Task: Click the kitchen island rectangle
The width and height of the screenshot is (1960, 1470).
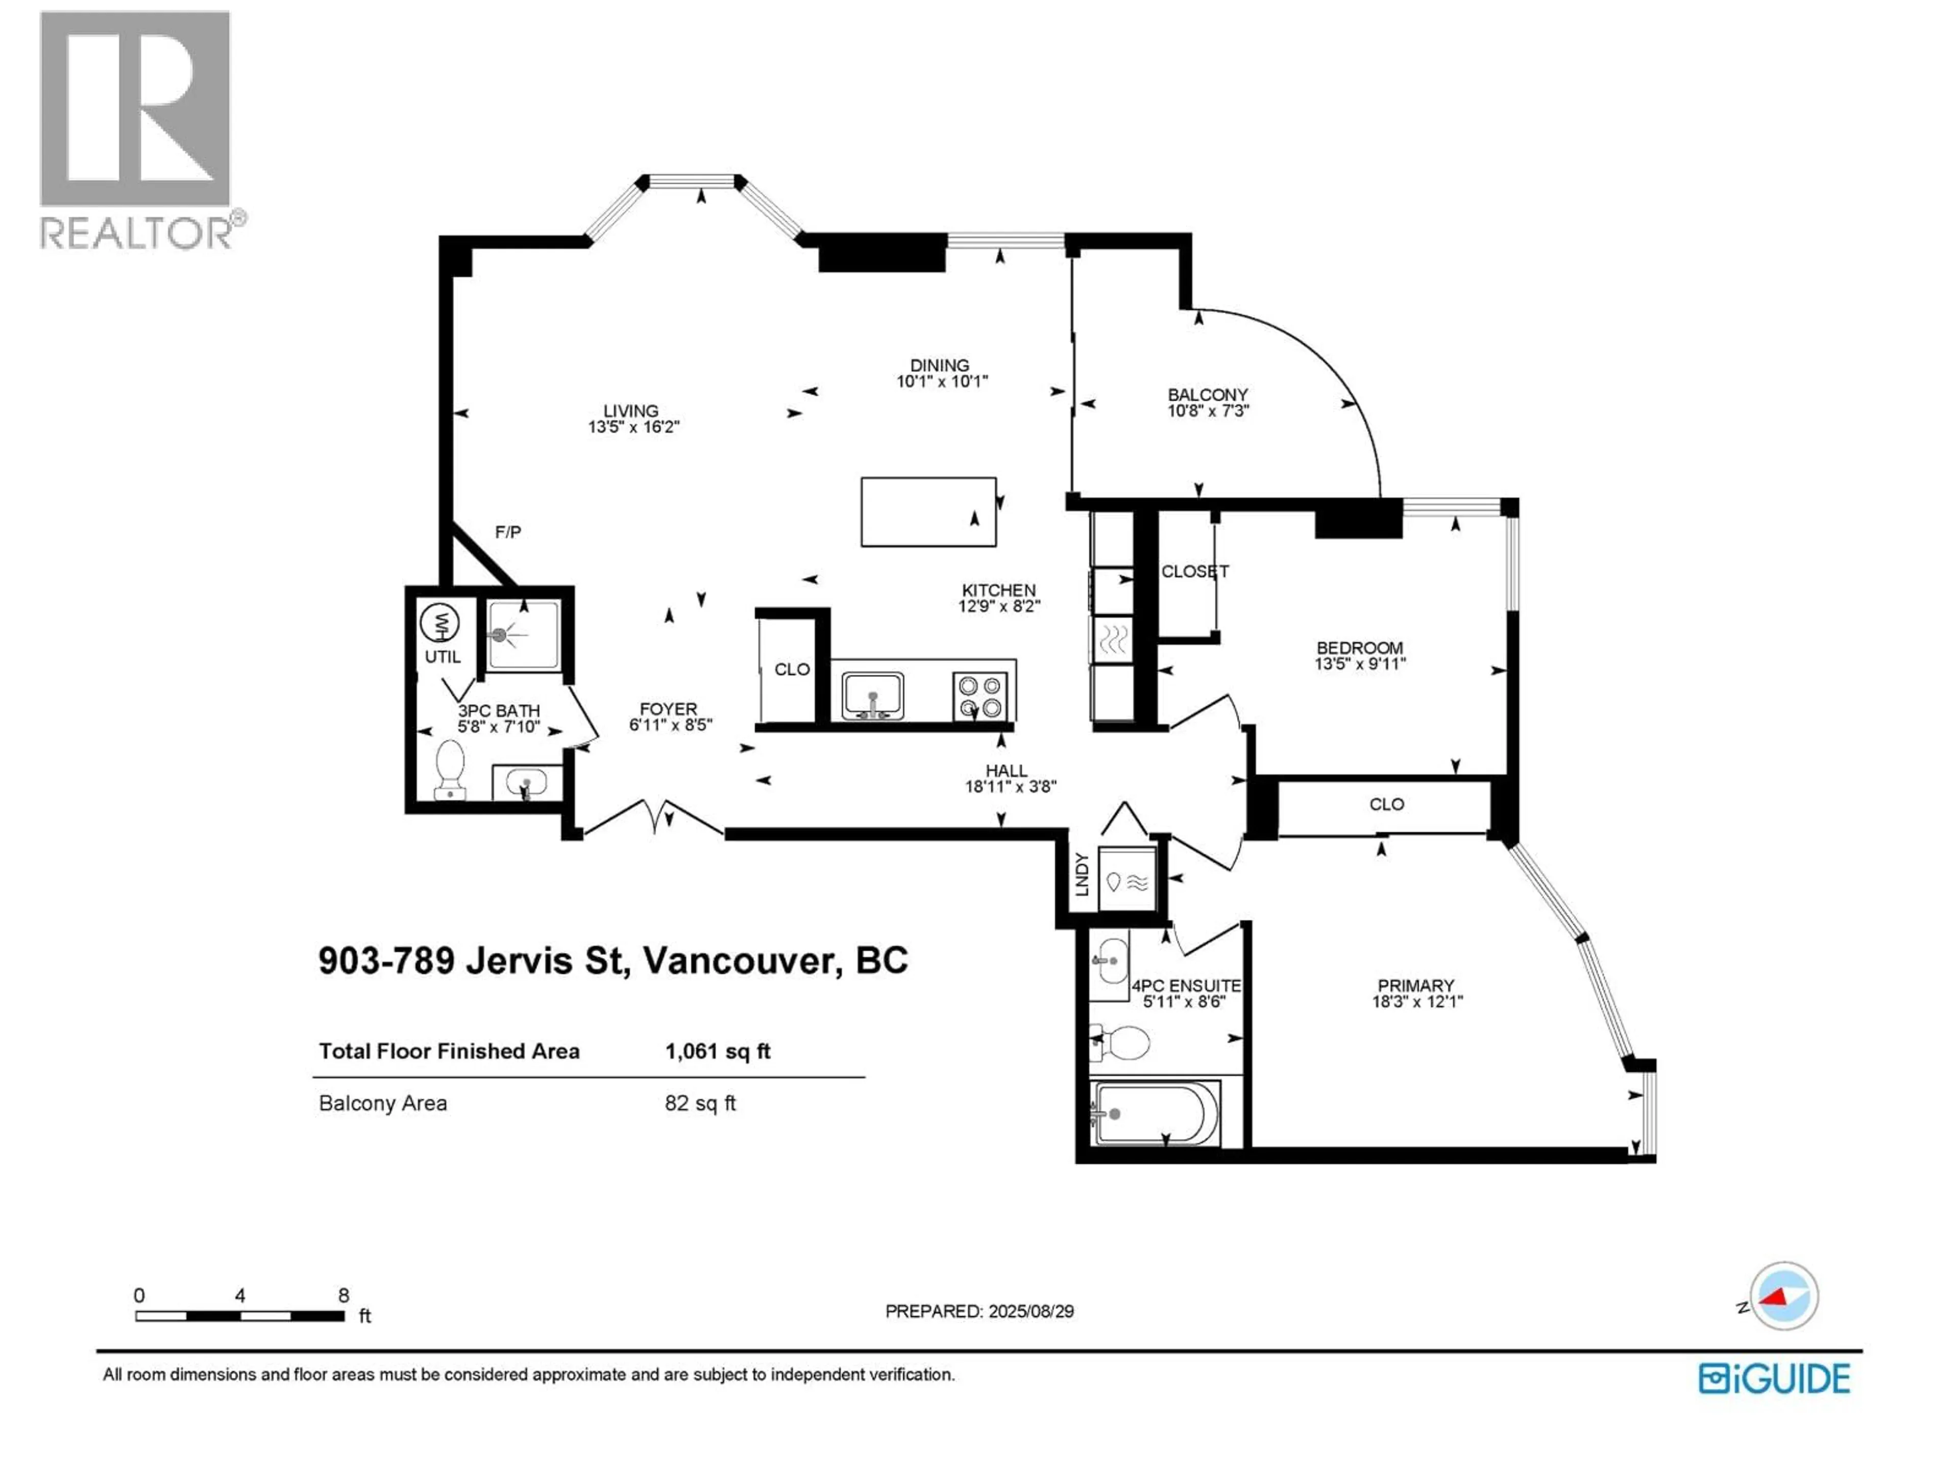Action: [928, 512]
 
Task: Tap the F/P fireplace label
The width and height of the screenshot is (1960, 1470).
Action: [508, 532]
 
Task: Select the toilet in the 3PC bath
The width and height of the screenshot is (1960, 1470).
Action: [451, 769]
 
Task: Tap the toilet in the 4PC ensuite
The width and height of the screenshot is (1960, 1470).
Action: [1122, 1043]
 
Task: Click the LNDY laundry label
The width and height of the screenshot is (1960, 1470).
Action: [1081, 874]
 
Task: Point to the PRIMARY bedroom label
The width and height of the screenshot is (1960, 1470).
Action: [1415, 985]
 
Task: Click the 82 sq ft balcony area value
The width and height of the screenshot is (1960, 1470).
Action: [700, 1103]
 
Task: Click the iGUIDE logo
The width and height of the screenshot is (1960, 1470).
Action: [1774, 1379]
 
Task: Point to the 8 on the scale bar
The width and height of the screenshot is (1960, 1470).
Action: [344, 1295]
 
